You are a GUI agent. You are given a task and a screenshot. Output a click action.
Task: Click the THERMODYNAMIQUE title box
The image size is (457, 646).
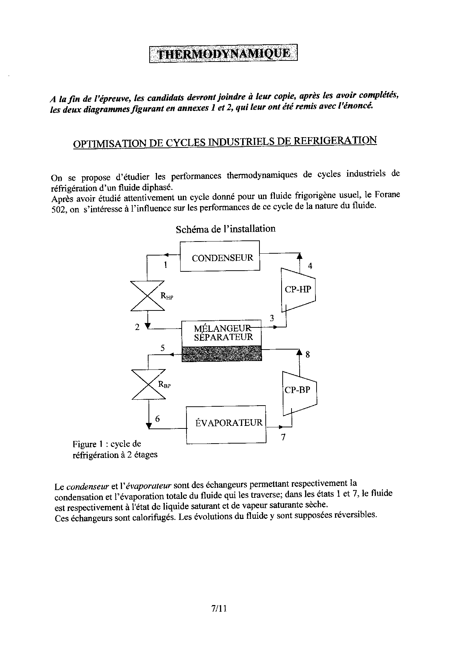click(x=223, y=54)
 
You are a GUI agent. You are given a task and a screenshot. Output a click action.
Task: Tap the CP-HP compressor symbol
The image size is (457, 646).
click(x=298, y=289)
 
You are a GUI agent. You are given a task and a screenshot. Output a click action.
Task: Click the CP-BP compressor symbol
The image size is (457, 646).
click(x=299, y=390)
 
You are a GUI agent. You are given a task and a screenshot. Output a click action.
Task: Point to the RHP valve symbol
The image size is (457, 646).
click(x=148, y=296)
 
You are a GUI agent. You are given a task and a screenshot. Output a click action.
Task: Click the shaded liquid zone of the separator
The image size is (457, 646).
click(x=222, y=353)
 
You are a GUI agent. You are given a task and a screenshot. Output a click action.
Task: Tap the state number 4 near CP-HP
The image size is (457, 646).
click(x=310, y=266)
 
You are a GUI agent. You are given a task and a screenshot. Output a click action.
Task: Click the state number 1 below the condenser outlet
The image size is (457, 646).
click(x=165, y=265)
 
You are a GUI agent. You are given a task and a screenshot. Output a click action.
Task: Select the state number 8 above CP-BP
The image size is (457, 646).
click(x=308, y=355)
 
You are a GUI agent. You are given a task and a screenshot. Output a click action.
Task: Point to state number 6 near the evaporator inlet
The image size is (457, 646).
click(x=157, y=418)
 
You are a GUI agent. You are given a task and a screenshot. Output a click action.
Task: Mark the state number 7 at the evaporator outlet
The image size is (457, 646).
click(x=283, y=438)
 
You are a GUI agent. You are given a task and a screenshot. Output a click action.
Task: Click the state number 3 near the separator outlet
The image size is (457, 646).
click(x=272, y=318)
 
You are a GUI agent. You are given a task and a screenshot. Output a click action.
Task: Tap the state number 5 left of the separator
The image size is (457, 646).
click(x=163, y=348)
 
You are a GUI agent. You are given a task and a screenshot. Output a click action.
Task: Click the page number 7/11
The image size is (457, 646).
click(x=219, y=608)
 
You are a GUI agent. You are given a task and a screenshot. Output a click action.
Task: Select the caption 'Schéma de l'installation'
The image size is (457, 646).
click(x=226, y=229)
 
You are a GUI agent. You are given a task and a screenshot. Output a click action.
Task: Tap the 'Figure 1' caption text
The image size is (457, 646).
click(x=87, y=444)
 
